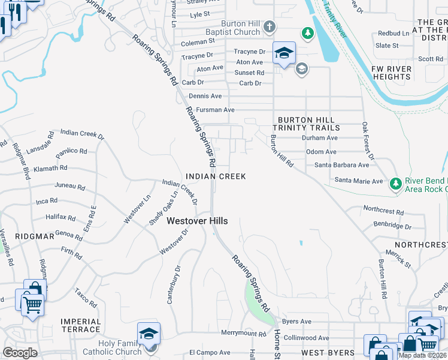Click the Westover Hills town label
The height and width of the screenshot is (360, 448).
197,221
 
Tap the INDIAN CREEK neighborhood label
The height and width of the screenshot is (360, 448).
216,176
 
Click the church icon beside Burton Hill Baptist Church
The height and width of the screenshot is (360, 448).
270,26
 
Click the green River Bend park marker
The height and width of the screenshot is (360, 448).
395,182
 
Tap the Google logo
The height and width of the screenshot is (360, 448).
20,352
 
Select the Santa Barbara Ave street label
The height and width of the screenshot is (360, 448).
342,165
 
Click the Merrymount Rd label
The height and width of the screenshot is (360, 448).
243,333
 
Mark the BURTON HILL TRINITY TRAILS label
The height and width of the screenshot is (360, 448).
306,124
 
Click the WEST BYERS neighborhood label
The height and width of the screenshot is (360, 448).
328,352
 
